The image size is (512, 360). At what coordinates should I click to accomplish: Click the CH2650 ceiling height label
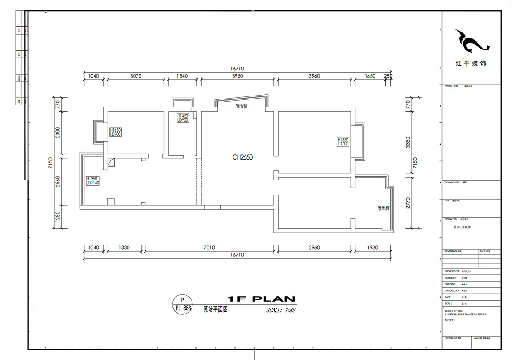242,157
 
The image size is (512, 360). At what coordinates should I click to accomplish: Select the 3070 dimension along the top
135,76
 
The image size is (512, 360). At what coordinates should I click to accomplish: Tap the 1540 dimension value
182,76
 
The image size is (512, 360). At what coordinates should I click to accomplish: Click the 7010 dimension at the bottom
209,247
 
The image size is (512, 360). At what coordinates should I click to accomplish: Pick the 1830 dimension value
124,247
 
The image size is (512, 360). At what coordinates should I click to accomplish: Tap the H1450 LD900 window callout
183,118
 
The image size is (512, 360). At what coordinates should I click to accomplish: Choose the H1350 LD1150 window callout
92,180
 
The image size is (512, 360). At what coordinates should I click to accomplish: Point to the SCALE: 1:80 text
280,310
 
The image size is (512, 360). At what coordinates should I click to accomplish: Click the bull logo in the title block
471,41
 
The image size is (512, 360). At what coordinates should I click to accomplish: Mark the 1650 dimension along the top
370,76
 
